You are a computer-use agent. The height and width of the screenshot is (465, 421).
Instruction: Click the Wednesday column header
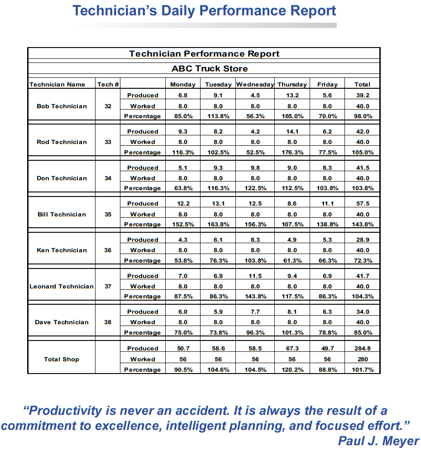pyautogui.click(x=255, y=84)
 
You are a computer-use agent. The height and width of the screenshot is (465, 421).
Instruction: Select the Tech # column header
pyautogui.click(x=108, y=84)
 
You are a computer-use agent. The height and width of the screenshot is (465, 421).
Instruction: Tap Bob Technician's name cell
pyautogui.click(x=62, y=106)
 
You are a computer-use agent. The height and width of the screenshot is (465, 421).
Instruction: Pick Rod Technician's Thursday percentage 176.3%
pyautogui.click(x=292, y=153)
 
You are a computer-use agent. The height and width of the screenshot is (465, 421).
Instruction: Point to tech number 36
pyautogui.click(x=108, y=250)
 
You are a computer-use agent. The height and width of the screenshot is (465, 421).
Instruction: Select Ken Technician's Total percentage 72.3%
pyautogui.click(x=362, y=261)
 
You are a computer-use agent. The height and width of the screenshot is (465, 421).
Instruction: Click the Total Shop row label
pyautogui.click(x=62, y=359)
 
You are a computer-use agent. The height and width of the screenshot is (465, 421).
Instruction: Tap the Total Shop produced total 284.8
pyautogui.click(x=362, y=349)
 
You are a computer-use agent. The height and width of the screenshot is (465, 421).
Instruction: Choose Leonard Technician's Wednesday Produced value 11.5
pyautogui.click(x=255, y=276)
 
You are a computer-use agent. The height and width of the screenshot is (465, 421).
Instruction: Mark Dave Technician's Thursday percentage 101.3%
pyautogui.click(x=292, y=333)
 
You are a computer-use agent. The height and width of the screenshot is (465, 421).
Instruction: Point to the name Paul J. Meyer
pyautogui.click(x=378, y=441)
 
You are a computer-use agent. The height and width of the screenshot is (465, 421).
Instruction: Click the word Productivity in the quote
pyautogui.click(x=63, y=411)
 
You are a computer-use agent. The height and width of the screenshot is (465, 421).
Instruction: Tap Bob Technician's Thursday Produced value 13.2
pyautogui.click(x=292, y=96)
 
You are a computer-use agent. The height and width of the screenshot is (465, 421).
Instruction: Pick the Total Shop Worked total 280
pyautogui.click(x=362, y=359)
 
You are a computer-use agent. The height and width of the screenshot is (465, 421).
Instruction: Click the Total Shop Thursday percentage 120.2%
pyautogui.click(x=292, y=370)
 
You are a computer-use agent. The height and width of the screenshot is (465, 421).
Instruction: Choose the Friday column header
pyautogui.click(x=327, y=84)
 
